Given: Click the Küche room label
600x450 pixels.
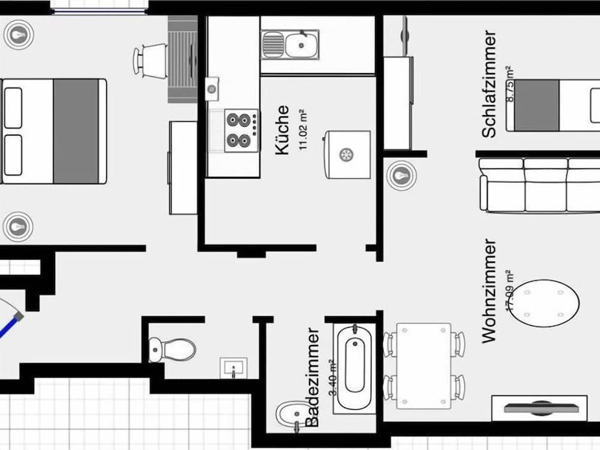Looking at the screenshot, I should [x=282, y=130].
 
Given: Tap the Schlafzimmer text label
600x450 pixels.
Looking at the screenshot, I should [x=490, y=84].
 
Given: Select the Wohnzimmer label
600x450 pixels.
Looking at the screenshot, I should [x=490, y=291].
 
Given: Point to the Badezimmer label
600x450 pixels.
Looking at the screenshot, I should [x=313, y=377].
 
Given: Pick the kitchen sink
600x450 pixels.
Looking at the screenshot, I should [x=290, y=44].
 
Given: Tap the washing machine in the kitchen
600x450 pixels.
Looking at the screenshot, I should [x=347, y=154].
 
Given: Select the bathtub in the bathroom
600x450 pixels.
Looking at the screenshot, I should [x=354, y=365].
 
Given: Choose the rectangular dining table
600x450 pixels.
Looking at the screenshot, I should [x=424, y=365].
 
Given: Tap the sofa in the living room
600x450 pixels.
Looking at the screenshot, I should [x=540, y=184].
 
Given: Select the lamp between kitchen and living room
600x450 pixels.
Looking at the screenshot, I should [x=400, y=175].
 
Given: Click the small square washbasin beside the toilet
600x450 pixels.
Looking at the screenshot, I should [x=233, y=367].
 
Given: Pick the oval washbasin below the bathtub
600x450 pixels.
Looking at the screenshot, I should [x=290, y=414].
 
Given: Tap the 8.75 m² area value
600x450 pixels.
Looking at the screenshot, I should [x=511, y=84].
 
